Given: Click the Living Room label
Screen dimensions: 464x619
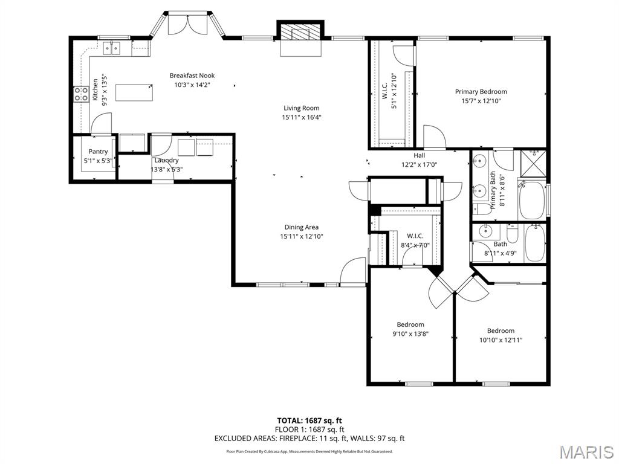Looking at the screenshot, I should pos(301,108).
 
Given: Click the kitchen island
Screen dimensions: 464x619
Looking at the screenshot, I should pos(133,92).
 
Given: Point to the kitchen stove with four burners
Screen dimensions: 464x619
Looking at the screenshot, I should pos(81,94).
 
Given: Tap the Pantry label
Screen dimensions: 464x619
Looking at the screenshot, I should pos(98,152).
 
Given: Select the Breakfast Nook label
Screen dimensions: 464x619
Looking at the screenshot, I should pos(192,76).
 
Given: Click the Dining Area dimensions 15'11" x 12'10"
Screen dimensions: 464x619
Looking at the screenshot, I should pos(301,236).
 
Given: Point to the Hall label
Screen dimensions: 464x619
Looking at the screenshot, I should pos(419,155).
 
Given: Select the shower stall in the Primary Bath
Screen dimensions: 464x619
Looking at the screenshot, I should pos(533,161).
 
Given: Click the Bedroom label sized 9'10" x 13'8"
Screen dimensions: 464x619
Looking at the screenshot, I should pos(410,324).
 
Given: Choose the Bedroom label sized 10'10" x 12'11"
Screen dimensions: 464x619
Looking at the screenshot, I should pos(501,330).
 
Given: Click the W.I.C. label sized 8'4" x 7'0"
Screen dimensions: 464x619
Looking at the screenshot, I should pos(415,236).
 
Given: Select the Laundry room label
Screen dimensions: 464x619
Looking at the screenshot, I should pos(166,160).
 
